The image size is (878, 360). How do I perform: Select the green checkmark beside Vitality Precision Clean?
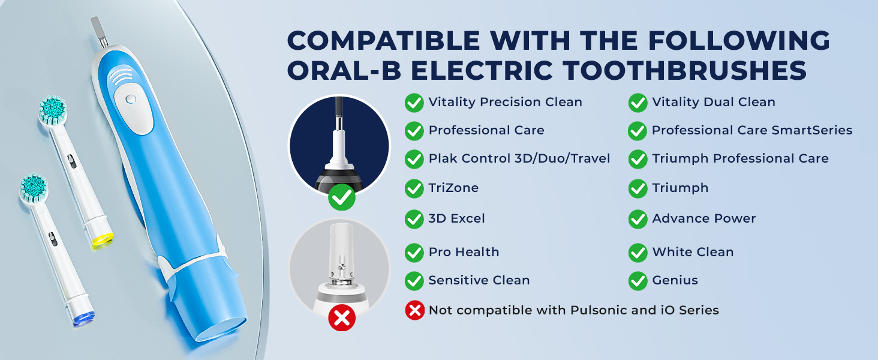(414, 103)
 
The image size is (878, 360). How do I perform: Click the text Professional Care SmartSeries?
(751, 130)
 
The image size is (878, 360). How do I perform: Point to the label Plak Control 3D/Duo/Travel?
(519, 158)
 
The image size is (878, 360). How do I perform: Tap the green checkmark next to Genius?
(638, 280)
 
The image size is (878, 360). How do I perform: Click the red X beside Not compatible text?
(414, 310)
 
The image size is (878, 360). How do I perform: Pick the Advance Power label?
(703, 218)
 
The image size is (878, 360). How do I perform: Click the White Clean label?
(693, 252)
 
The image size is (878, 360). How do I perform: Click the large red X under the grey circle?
(342, 318)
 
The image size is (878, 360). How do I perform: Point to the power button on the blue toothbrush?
(131, 99)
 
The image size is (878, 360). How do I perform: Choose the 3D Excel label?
(456, 218)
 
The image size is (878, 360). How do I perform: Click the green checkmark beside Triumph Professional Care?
(638, 159)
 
